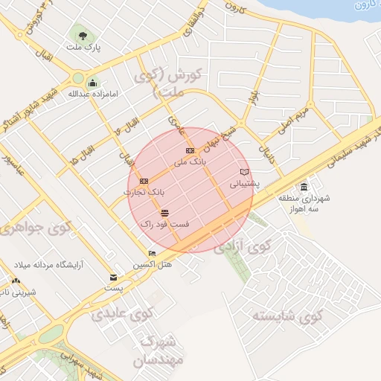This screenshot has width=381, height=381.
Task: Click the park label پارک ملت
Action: coord(83,47)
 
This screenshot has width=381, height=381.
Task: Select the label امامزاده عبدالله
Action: coord(89,95)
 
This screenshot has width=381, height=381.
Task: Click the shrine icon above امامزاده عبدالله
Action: coord(92,83)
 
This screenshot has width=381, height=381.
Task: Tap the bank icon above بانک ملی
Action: coord(189,151)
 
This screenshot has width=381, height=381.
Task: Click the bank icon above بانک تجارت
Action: coord(144,181)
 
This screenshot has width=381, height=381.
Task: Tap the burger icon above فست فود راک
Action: coord(164,213)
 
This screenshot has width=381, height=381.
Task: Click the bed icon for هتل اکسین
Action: coord(153,254)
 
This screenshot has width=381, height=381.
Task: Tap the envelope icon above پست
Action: coord(113,278)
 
